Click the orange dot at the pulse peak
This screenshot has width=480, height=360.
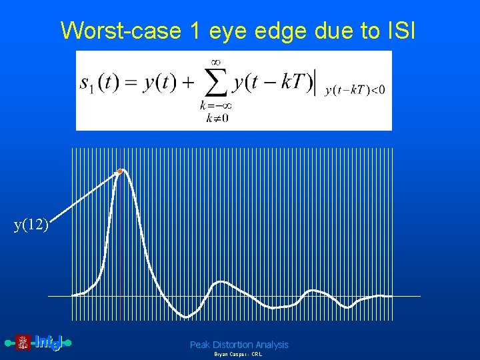120,171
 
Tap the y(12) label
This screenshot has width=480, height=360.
31,225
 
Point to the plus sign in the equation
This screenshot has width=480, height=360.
188,84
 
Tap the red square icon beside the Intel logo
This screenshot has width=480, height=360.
23,343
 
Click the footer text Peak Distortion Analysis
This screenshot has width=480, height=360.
239,345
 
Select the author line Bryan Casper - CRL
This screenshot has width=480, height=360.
238,355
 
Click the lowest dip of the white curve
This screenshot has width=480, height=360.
188,315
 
